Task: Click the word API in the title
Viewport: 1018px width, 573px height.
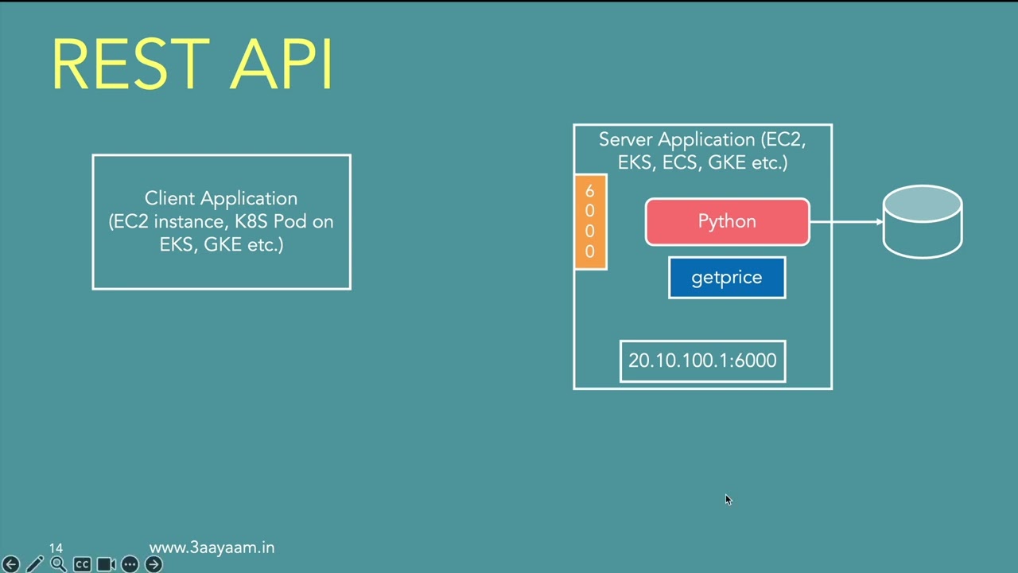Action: pos(282,64)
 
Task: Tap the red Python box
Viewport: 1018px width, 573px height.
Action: pos(727,221)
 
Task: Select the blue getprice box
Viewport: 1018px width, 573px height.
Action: pos(727,278)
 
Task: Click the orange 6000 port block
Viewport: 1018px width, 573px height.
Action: pos(590,222)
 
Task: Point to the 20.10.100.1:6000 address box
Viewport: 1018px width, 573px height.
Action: pos(702,361)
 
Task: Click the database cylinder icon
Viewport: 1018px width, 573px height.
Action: pos(923,222)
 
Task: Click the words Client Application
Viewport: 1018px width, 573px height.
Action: pos(221,198)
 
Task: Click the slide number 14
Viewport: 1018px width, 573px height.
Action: pos(56,548)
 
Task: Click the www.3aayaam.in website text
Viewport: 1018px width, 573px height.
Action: pos(212,548)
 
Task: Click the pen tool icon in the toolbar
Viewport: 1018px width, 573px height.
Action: pos(34,564)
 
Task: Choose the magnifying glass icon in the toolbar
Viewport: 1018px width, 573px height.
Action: pos(58,564)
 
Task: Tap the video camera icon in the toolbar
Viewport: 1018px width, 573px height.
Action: pos(106,564)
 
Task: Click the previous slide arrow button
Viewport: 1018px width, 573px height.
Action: pos(10,564)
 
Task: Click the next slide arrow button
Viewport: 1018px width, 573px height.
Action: pos(153,564)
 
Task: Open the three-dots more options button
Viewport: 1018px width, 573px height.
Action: pos(130,564)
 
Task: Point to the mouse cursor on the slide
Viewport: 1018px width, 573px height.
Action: pos(728,500)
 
